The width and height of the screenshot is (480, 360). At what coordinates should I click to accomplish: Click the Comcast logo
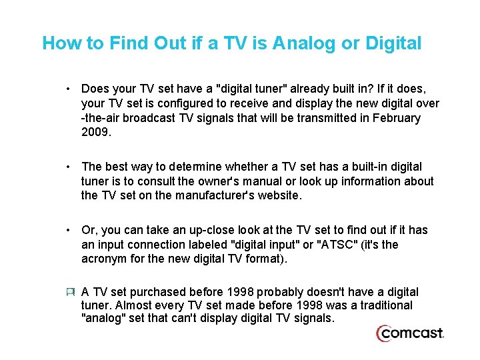pyautogui.click(x=409, y=333)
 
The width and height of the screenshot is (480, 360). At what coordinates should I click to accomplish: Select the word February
pyautogui.click(x=396, y=118)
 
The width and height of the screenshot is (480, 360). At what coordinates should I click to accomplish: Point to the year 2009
pyautogui.click(x=95, y=133)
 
